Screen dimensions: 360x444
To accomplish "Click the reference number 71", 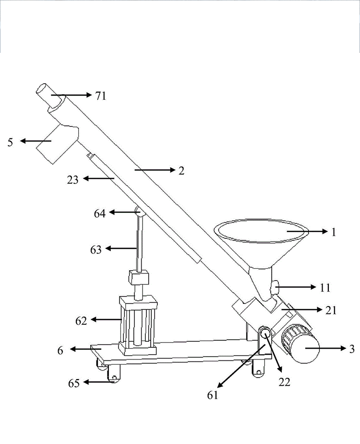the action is (101, 96).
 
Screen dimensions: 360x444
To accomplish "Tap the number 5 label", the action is (10, 142).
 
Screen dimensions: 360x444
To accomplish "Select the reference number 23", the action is (72, 180).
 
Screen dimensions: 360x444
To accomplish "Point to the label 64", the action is (99, 213).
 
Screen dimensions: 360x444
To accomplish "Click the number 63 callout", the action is (96, 249).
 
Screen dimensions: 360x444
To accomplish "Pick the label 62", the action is (81, 321).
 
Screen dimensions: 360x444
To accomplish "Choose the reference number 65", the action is (74, 383).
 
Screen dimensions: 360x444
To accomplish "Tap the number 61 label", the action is (212, 395).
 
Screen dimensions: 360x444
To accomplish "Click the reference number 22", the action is (284, 382).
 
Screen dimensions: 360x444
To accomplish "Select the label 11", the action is (325, 288).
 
